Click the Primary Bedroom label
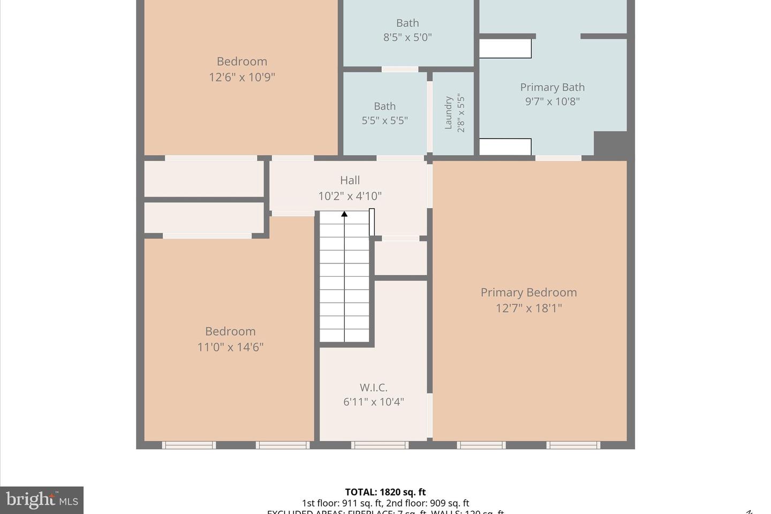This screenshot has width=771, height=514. click(528, 292)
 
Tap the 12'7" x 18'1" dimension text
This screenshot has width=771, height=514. click(528, 308)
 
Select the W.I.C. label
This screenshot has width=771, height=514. click(373, 387)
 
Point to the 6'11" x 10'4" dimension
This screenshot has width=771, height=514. click(373, 402)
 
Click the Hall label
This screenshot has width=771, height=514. click(350, 180)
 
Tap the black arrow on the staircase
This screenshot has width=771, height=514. click(344, 214)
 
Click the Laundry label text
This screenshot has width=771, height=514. click(449, 113)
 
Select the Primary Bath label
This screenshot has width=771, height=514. click(552, 87)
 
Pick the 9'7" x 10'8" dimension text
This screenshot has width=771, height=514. click(552, 101)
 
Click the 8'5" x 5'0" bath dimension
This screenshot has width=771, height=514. click(407, 37)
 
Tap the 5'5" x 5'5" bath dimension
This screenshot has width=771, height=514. click(384, 120)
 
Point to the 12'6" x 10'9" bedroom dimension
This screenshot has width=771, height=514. click(241, 77)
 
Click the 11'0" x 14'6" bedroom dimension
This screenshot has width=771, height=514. click(230, 347)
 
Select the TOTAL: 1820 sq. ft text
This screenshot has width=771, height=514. click(385, 492)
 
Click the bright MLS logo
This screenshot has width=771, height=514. click(42, 500)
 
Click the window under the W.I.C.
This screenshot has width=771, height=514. click(380, 445)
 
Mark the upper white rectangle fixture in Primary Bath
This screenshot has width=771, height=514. click(505, 49)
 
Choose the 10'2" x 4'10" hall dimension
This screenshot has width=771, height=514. click(350, 196)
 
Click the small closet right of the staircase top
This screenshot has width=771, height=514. click(400, 258)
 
